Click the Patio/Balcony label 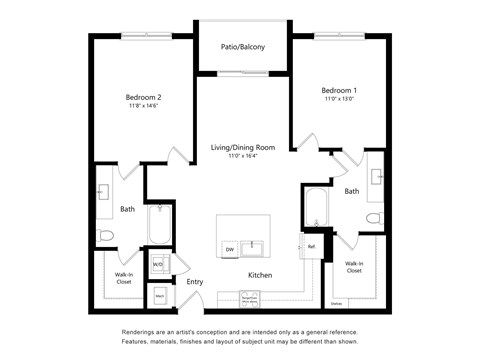[x=243, y=46]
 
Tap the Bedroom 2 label [x=143, y=97]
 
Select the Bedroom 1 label [x=339, y=90]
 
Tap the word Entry [x=195, y=282]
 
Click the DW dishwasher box [x=229, y=249]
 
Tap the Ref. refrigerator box [x=311, y=246]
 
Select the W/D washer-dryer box [x=159, y=265]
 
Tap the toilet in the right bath [x=373, y=217]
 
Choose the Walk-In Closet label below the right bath [x=354, y=267]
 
